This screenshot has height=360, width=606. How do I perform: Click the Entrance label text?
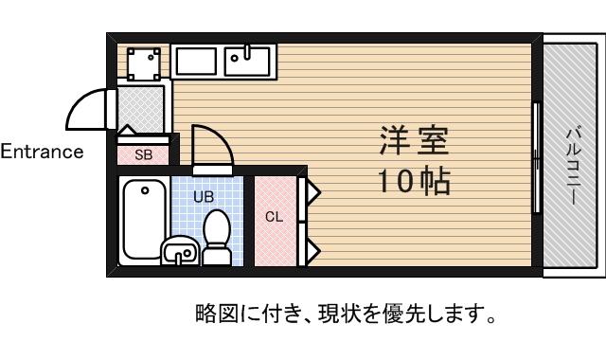(42, 152)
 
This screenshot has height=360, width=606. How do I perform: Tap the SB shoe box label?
(143, 155)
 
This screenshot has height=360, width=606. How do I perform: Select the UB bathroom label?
(204, 197)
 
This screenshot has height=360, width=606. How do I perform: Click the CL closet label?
(274, 217)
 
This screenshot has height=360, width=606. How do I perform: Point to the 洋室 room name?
(414, 140)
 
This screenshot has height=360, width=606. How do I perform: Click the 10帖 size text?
(414, 181)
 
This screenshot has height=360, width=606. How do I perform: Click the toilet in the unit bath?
(217, 238)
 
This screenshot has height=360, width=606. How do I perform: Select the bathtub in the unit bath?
(145, 221)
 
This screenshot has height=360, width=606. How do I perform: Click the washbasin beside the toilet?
(180, 250)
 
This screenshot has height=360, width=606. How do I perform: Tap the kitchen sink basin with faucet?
(247, 61)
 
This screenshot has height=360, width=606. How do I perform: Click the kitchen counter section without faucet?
(196, 61)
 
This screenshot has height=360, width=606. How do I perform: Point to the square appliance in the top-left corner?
(144, 63)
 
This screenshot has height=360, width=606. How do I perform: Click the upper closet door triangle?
(313, 191)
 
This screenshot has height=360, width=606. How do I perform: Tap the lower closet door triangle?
(313, 251)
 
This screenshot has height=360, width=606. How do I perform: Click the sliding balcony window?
(537, 158)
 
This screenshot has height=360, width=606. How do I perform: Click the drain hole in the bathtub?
(145, 190)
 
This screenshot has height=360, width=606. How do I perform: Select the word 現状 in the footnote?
(333, 314)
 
